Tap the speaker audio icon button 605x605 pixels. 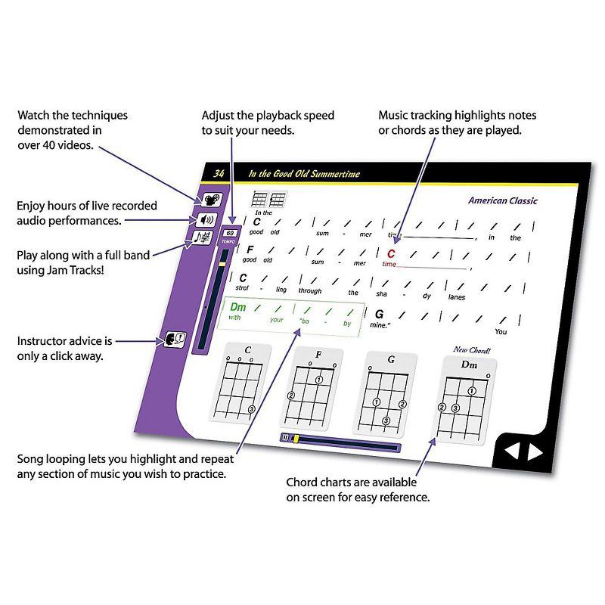coord(206,220)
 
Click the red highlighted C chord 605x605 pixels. coord(391,254)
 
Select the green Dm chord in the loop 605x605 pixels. coord(239,307)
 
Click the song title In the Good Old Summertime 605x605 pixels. coord(304,175)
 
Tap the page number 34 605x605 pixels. coord(219,174)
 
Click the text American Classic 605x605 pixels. coord(502,200)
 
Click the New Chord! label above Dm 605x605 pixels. coord(470,349)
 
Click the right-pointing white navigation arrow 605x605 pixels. coord(535,451)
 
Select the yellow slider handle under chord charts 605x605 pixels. coord(296,438)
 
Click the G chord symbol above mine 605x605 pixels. coord(380,314)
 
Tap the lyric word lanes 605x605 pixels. coord(457,297)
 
